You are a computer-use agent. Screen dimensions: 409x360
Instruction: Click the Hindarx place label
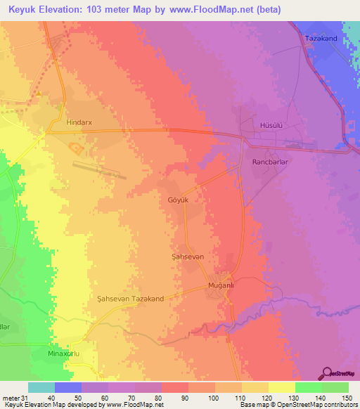pyautogui.click(x=79, y=122)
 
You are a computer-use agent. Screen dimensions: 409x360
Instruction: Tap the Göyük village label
pyautogui.click(x=179, y=200)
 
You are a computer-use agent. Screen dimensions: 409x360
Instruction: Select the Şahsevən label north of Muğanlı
pyautogui.click(x=188, y=257)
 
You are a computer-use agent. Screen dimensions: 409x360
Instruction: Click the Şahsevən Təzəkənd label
pyautogui.click(x=130, y=299)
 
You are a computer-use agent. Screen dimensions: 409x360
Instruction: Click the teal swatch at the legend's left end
pyautogui.click(x=41, y=387)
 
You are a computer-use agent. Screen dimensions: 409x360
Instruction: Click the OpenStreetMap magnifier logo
pyautogui.click(x=327, y=372)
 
